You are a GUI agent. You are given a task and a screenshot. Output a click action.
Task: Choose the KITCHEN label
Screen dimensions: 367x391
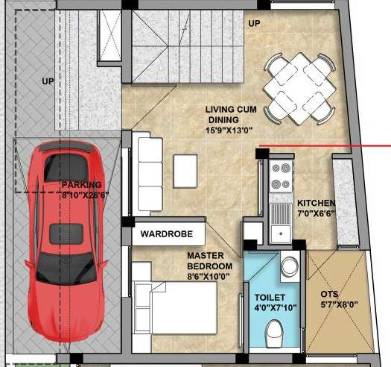(x=316, y=203)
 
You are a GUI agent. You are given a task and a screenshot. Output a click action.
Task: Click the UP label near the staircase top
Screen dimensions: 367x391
(x=254, y=23)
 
